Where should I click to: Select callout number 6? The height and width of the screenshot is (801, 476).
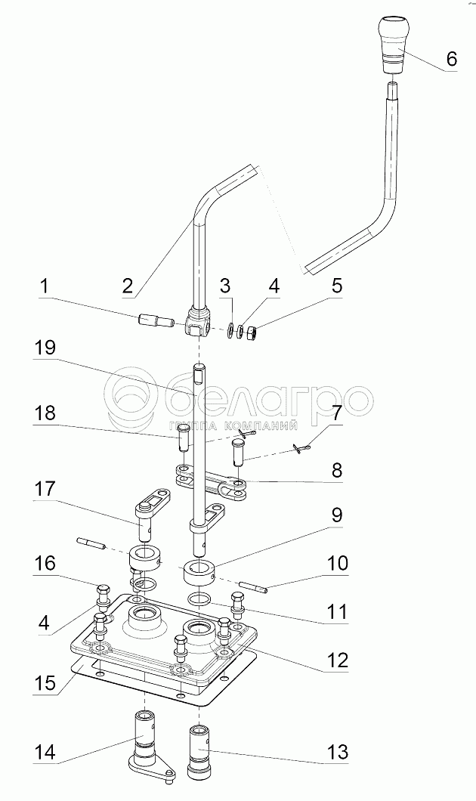point(451,58)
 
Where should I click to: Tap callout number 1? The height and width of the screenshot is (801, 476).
point(45,287)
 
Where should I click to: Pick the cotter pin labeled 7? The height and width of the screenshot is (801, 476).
point(303,450)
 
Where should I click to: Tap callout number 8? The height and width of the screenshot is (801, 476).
point(337,469)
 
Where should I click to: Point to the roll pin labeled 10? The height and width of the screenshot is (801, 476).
point(252,586)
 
